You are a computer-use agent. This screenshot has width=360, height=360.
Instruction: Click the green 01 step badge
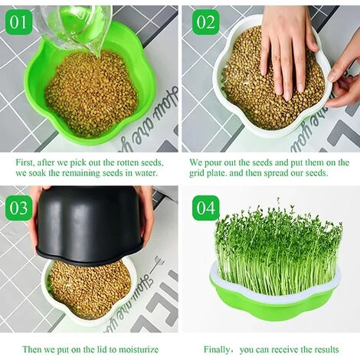[18, 22]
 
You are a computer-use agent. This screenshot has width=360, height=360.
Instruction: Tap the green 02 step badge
[205, 22]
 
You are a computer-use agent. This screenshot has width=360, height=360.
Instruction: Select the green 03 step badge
[18, 208]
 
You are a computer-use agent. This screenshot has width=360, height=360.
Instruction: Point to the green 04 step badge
[205, 208]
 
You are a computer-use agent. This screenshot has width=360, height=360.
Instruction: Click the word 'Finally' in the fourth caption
[216, 349]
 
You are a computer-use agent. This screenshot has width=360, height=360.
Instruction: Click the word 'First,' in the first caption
[25, 162]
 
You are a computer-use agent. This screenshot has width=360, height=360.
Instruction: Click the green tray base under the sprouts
[276, 306]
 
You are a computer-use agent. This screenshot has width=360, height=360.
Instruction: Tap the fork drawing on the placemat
[155, 266]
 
